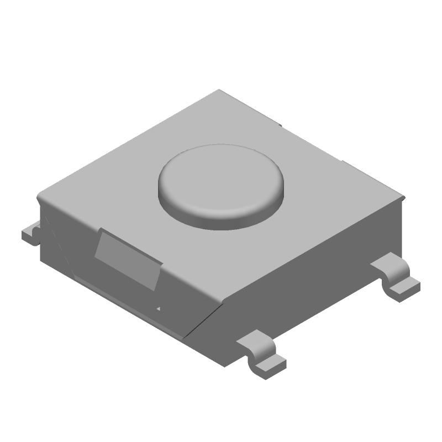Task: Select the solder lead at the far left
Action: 30,234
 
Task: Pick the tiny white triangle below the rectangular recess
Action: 160,309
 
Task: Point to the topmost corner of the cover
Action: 220,90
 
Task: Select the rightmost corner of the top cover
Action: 405,197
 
